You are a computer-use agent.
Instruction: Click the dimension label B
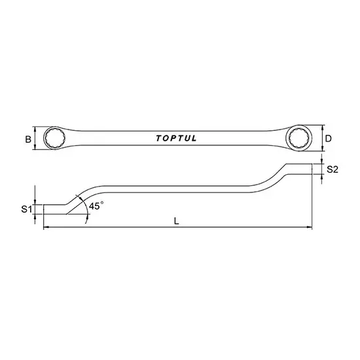click(27, 139)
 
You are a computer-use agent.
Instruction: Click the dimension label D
click(329, 139)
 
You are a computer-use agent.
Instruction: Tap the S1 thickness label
click(25, 209)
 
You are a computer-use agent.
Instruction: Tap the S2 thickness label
click(332, 170)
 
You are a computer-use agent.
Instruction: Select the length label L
click(177, 221)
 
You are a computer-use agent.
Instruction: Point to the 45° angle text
click(97, 206)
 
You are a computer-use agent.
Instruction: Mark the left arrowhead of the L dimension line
click(45, 228)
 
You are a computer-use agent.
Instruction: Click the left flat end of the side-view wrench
click(52, 209)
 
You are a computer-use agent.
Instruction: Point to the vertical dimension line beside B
click(34, 139)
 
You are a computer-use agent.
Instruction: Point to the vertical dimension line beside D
click(322, 139)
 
